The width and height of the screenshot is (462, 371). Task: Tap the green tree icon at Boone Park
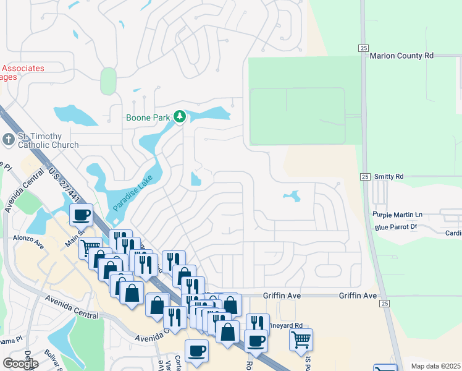tap(180, 116)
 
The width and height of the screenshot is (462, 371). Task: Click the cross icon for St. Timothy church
tap(9, 139)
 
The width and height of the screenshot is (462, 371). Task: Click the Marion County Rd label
tap(401, 56)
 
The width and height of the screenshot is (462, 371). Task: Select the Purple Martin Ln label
tap(397, 215)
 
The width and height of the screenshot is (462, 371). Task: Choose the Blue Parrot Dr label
tap(396, 227)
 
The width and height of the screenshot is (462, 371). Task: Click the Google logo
tap(20, 363)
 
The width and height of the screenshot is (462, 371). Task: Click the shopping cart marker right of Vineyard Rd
tap(301, 339)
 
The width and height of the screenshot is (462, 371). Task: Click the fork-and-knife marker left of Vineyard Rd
tap(258, 324)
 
